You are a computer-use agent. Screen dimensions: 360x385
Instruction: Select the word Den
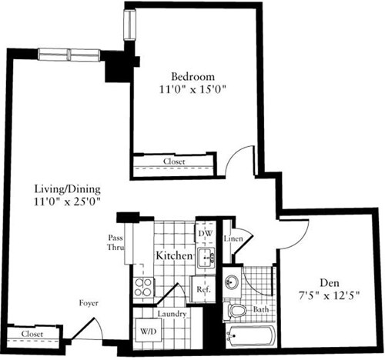pos(331,282)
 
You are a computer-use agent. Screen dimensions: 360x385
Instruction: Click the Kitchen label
pos(173,254)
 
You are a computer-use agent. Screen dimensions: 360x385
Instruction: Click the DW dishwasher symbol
pos(204,234)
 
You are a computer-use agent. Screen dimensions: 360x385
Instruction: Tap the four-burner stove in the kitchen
pos(143,288)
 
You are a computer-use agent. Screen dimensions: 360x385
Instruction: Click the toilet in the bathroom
pos(237,310)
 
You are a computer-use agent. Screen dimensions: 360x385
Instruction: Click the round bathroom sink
pos(233,282)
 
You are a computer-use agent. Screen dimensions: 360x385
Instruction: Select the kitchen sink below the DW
pos(206,257)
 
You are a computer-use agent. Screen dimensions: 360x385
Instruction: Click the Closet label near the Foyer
pos(32,335)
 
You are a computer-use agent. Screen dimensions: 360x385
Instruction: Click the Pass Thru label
pos(115,243)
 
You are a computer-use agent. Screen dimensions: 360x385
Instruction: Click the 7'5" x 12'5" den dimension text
pos(331,295)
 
